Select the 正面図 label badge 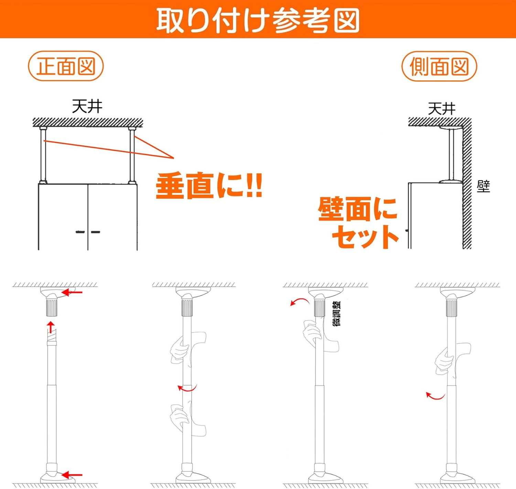pyautogui.click(x=66, y=66)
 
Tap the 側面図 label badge pyautogui.click(x=439, y=66)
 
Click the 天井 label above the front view pyautogui.click(x=87, y=107)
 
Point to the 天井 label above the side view pyautogui.click(x=442, y=109)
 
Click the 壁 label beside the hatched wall pyautogui.click(x=483, y=186)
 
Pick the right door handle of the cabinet pyautogui.click(x=96, y=232)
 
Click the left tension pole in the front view pyautogui.click(x=43, y=155)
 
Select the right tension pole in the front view pyautogui.click(x=132, y=155)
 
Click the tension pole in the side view pyautogui.click(x=451, y=155)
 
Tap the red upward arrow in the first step pyautogui.click(x=51, y=327)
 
